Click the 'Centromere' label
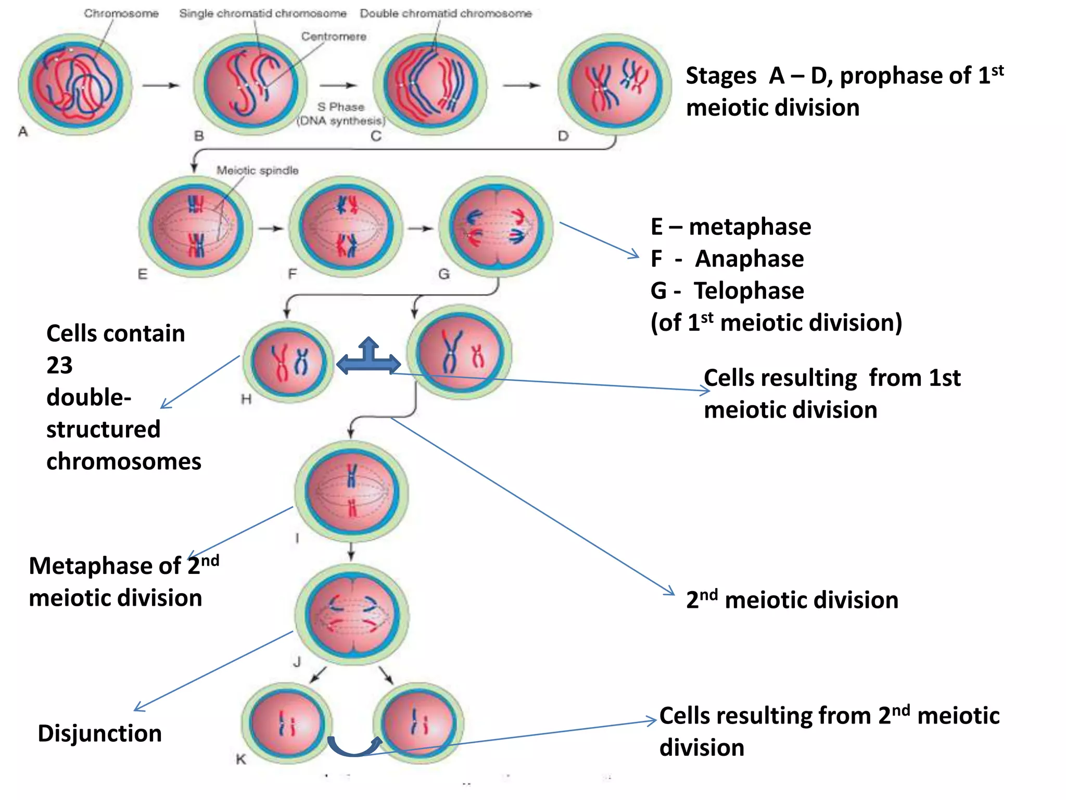click(x=334, y=36)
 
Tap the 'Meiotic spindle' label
click(x=258, y=170)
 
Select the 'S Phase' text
click(x=341, y=107)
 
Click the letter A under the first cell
click(x=23, y=132)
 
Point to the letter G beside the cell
click(x=443, y=274)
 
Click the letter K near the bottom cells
click(x=240, y=759)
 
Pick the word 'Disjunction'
click(x=99, y=733)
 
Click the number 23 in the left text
click(x=59, y=365)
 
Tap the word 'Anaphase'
click(x=749, y=259)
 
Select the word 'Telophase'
click(x=748, y=291)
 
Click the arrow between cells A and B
click(x=160, y=85)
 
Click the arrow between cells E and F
click(x=271, y=228)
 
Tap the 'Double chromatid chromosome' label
click(x=446, y=14)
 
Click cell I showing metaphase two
click(x=351, y=492)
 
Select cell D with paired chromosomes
click(x=614, y=85)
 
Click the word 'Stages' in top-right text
click(x=721, y=76)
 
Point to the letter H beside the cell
click(x=246, y=399)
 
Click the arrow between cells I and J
click(x=351, y=552)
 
